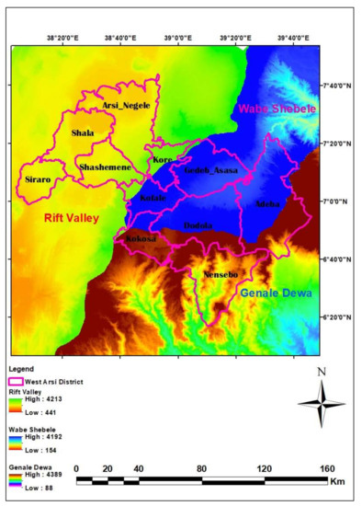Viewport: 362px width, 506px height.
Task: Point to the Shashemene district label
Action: (x=104, y=167)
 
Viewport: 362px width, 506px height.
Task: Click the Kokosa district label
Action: (x=136, y=238)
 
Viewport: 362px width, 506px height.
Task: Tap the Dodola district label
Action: (x=198, y=225)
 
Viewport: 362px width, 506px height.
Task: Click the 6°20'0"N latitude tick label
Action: (x=335, y=318)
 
